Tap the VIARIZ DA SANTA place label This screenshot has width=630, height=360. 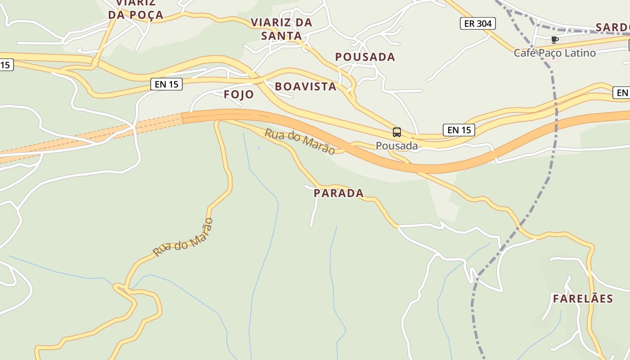coord(281,29)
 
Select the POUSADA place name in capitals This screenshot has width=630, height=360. coord(365,57)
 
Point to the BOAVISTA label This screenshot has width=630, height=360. coord(306,87)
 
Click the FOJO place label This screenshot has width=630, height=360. coord(238,94)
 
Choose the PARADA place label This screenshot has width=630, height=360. coord(338,193)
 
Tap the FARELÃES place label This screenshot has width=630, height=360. coord(583,299)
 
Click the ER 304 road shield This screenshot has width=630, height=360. coord(477,23)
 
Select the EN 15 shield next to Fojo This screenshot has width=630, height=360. coord(166,84)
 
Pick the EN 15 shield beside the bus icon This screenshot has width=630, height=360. coord(459,130)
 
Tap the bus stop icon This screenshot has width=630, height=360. coord(396,132)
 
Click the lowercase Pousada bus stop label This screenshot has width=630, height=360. coord(396,146)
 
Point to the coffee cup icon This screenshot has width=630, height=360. coord(554,40)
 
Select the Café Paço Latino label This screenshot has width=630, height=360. coord(554,53)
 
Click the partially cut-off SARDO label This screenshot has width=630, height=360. coord(612,27)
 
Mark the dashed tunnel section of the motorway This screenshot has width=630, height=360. coord(90,135)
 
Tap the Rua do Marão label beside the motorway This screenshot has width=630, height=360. coord(300,141)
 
